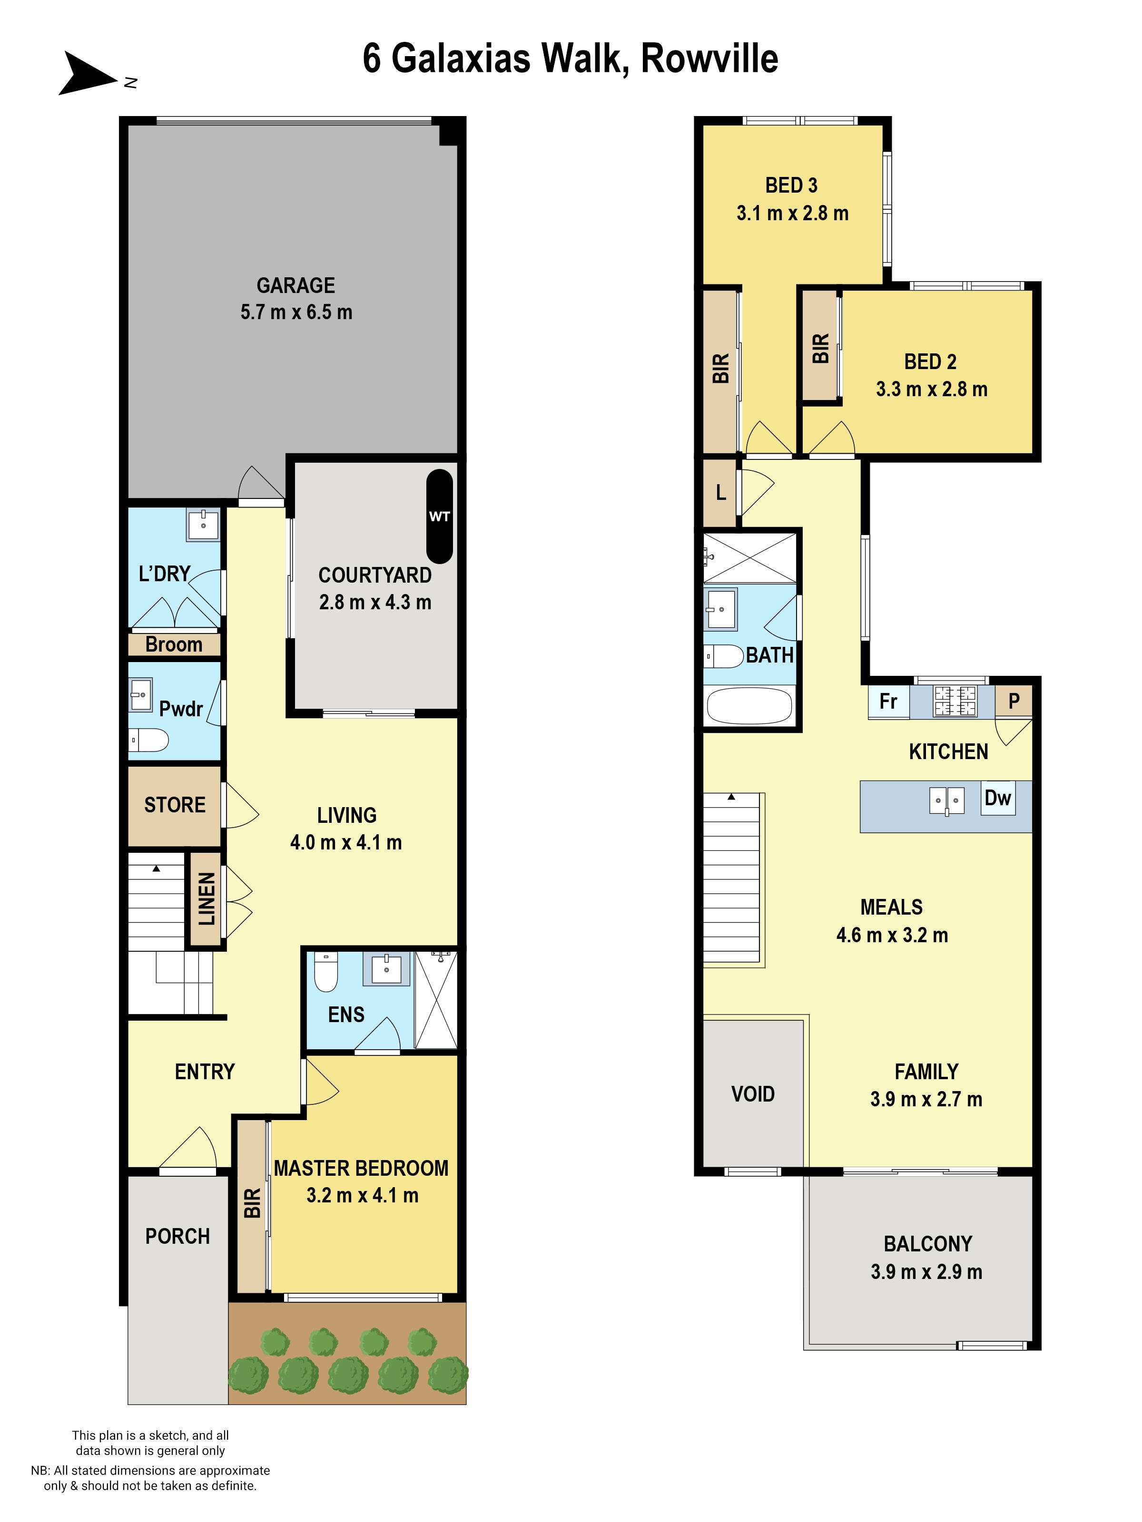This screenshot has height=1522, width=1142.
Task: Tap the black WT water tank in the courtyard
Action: pyautogui.click(x=439, y=516)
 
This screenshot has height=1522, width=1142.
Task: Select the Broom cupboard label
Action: pyautogui.click(x=174, y=645)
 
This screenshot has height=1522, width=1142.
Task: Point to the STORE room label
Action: pyautogui.click(x=174, y=805)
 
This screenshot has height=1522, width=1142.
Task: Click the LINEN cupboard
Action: pyautogui.click(x=206, y=899)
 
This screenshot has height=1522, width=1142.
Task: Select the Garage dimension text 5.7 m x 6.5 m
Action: pyautogui.click(x=296, y=312)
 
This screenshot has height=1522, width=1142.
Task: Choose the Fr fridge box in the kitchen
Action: pyautogui.click(x=888, y=701)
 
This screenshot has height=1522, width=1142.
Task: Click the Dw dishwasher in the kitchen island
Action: pyautogui.click(x=997, y=798)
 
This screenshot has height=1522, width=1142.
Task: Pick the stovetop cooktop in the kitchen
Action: pyautogui.click(x=955, y=701)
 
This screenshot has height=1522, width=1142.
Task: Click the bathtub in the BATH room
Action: pyautogui.click(x=749, y=706)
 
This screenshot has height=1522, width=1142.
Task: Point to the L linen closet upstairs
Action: pyautogui.click(x=720, y=493)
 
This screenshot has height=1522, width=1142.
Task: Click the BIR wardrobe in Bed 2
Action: pyautogui.click(x=820, y=348)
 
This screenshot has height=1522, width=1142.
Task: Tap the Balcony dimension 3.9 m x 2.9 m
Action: pyautogui.click(x=926, y=1271)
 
